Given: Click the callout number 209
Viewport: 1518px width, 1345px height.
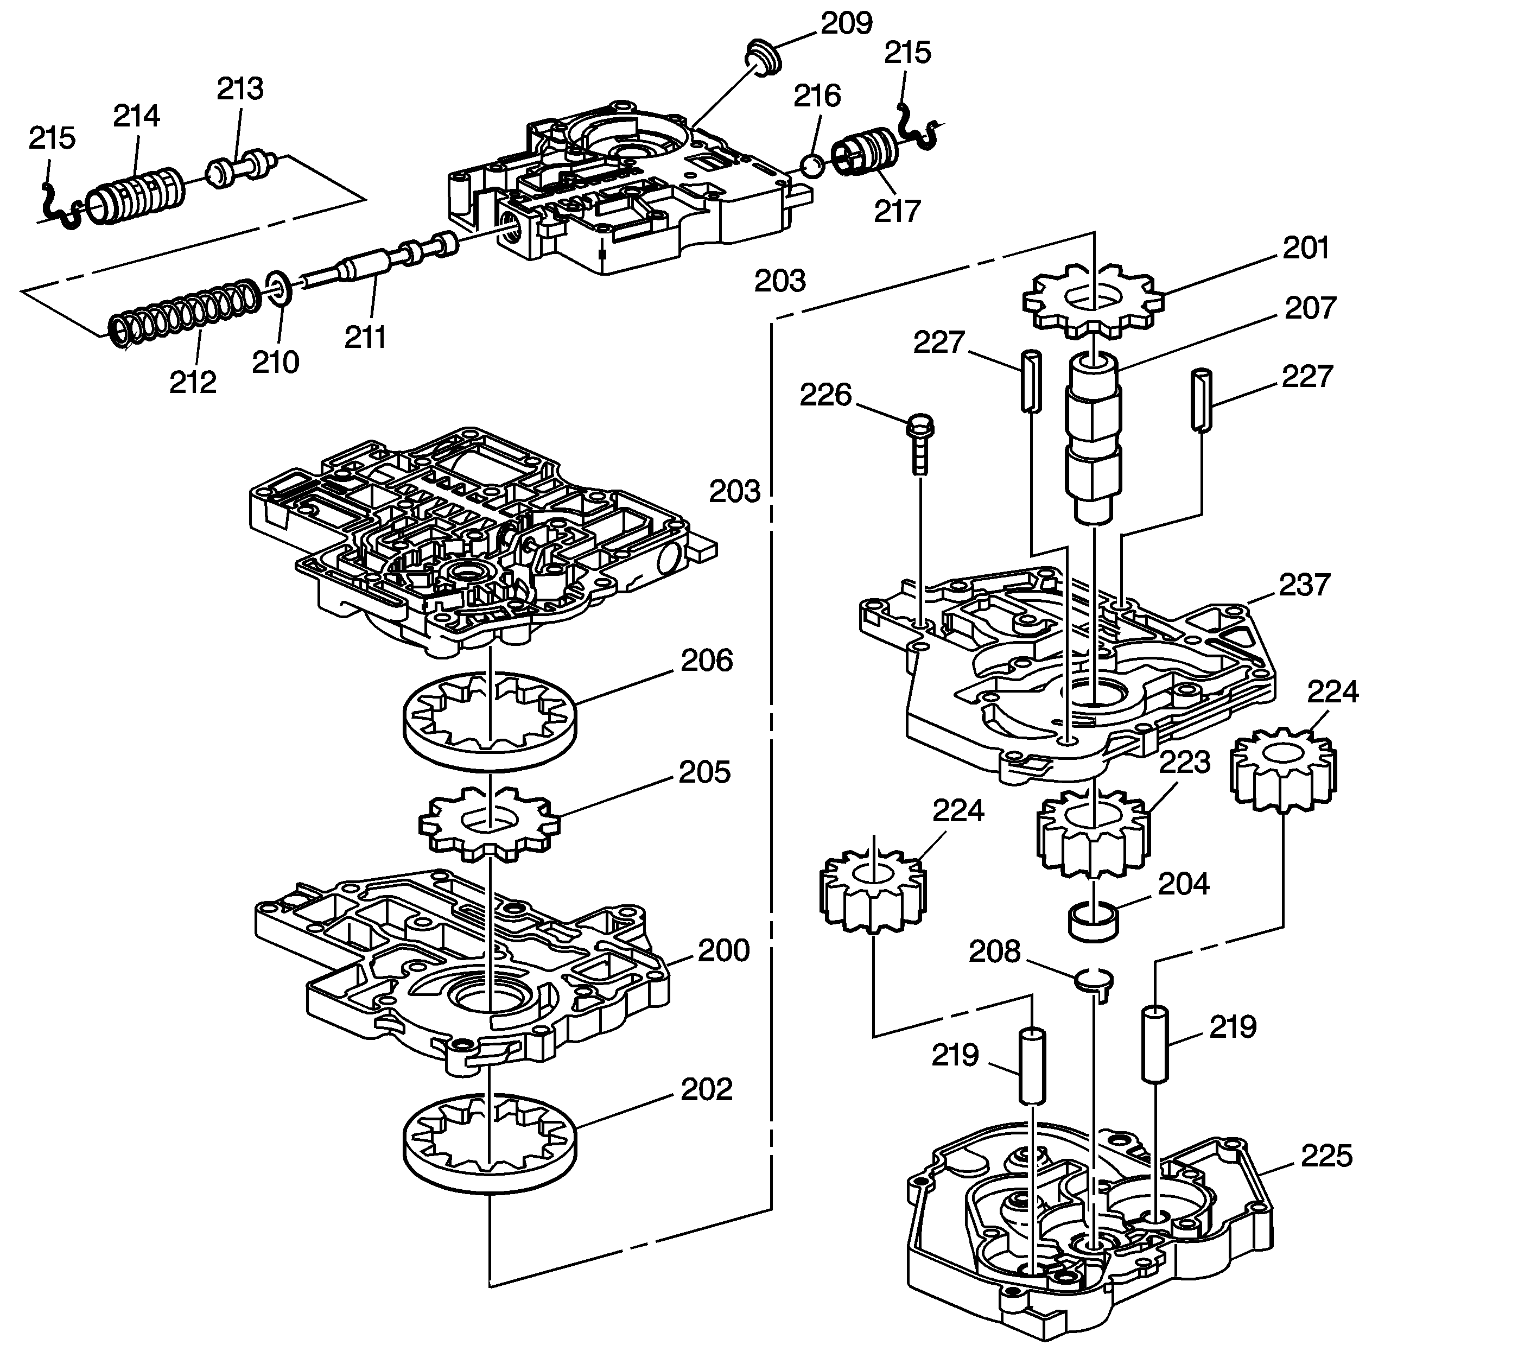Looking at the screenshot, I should (846, 24).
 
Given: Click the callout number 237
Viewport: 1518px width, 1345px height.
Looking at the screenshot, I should (1305, 585).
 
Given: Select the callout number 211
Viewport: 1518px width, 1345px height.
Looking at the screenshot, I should (365, 337).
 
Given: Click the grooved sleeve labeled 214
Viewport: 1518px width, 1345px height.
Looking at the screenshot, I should (136, 198).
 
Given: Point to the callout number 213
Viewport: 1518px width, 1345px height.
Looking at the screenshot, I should (240, 89).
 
